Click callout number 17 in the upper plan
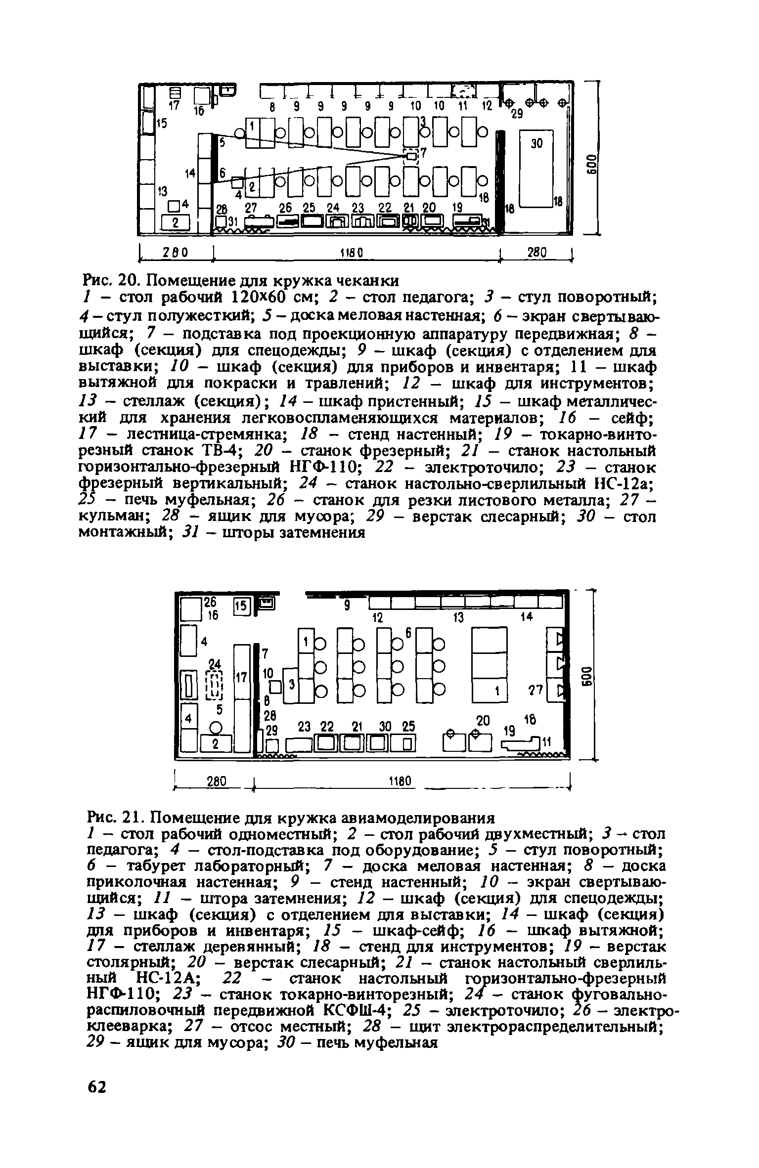[x=173, y=106]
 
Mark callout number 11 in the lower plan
[x=546, y=742]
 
